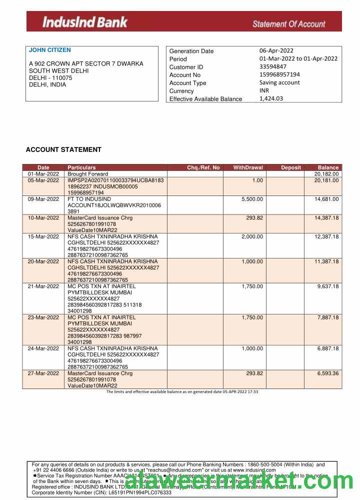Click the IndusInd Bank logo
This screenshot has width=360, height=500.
point(85,22)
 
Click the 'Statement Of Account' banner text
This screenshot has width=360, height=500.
point(288,23)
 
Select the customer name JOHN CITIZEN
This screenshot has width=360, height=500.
point(50,50)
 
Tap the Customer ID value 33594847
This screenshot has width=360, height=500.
point(273,66)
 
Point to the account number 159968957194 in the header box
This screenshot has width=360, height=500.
point(279,74)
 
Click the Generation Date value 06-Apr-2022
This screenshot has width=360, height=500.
point(276,50)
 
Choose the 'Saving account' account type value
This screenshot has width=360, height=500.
point(279,82)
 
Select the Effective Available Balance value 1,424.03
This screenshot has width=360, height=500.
point(271,98)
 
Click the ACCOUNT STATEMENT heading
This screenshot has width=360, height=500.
point(63,149)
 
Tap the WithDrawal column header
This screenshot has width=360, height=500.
point(248,167)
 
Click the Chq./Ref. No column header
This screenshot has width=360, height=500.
point(203,167)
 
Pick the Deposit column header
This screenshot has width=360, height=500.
point(291,167)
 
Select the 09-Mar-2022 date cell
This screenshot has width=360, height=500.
point(43,199)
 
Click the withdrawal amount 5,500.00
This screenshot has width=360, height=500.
point(252,199)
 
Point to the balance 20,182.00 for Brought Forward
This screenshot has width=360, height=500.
point(326,174)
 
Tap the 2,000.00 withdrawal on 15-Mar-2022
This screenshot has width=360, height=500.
point(252,236)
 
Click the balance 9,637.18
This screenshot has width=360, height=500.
point(328,286)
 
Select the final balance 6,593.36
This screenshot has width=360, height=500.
point(328,373)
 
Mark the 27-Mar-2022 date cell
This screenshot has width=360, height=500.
point(43,373)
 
